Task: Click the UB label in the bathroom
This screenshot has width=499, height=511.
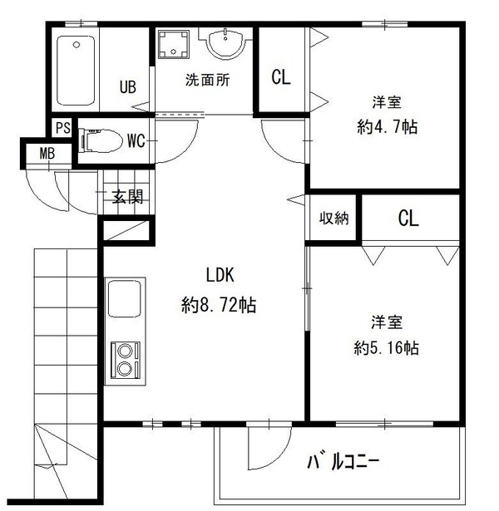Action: (127, 86)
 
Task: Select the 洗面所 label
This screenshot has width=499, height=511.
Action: (206, 81)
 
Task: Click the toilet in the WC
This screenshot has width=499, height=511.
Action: (97, 140)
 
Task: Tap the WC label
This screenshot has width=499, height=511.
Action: (136, 140)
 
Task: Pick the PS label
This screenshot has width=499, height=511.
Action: (62, 127)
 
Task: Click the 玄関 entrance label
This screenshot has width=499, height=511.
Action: (127, 197)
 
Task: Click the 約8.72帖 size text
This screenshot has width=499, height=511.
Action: (219, 305)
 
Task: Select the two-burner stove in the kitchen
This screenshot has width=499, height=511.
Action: (125, 359)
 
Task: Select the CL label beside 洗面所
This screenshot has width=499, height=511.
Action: (281, 78)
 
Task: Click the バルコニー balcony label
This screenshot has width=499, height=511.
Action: (343, 459)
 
